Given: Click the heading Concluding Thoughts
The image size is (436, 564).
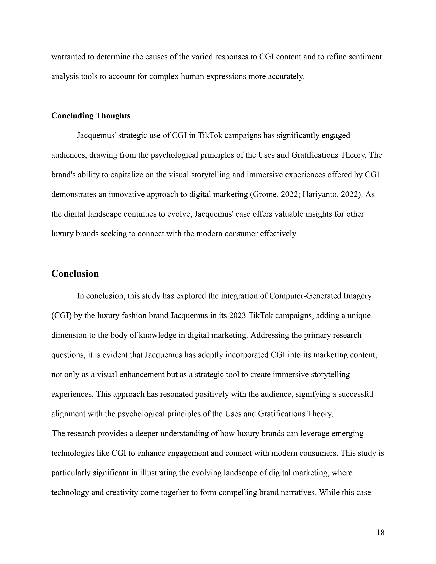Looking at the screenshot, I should click(x=91, y=116).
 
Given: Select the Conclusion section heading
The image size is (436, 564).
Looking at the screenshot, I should click(x=75, y=274).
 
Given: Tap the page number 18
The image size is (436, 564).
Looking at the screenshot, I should click(x=380, y=532).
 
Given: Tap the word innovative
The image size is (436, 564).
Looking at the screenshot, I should click(x=127, y=194).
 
